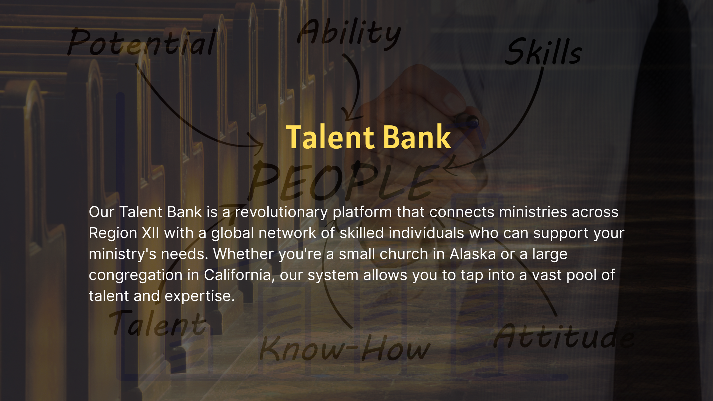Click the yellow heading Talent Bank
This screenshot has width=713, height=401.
click(369, 137)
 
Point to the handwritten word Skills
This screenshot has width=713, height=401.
click(544, 52)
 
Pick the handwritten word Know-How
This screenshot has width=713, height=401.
click(345, 349)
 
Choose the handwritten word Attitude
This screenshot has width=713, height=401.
click(563, 336)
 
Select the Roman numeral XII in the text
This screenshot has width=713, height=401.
click(150, 233)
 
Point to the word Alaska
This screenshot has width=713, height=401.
click(473, 254)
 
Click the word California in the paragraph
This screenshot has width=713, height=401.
click(237, 275)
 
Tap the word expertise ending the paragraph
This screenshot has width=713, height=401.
click(200, 296)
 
